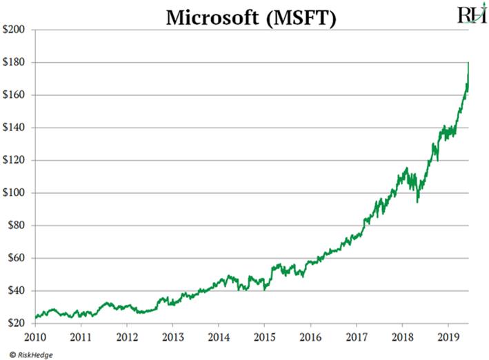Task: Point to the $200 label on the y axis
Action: [x=15, y=30]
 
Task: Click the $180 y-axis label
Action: [x=15, y=63]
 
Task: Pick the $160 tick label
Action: [x=15, y=95]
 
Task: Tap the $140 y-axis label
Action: [x=15, y=128]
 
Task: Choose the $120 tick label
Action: [x=15, y=160]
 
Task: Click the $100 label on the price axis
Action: [x=15, y=193]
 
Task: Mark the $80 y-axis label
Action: [x=17, y=226]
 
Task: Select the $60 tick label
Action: [x=17, y=258]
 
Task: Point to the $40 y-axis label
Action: [x=17, y=290]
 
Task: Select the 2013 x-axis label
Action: [x=172, y=339]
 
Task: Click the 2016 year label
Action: [x=310, y=339]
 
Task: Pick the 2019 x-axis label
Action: [x=448, y=339]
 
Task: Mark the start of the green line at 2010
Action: [x=34, y=319]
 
